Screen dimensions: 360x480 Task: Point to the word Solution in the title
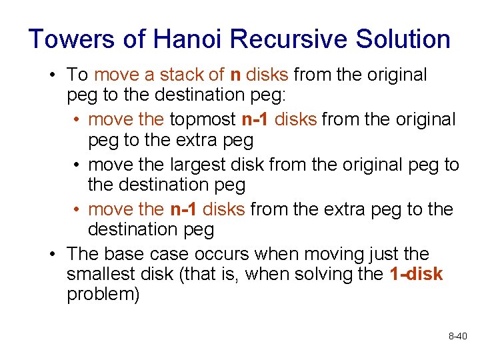tap(403, 39)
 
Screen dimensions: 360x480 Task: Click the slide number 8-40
tap(458, 337)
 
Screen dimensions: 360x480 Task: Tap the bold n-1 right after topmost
tap(255, 120)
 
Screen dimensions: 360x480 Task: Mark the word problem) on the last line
tap(103, 295)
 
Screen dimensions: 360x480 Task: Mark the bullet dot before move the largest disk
tap(77, 165)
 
